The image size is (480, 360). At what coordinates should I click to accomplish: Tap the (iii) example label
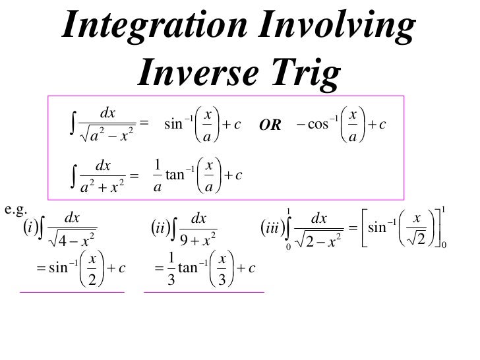pos(271,229)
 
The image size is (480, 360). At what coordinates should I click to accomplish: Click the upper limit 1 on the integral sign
pos(288,212)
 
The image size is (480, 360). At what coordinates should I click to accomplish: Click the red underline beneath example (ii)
pos(204,291)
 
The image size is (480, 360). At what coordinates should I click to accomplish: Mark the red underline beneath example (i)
pos(73,291)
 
